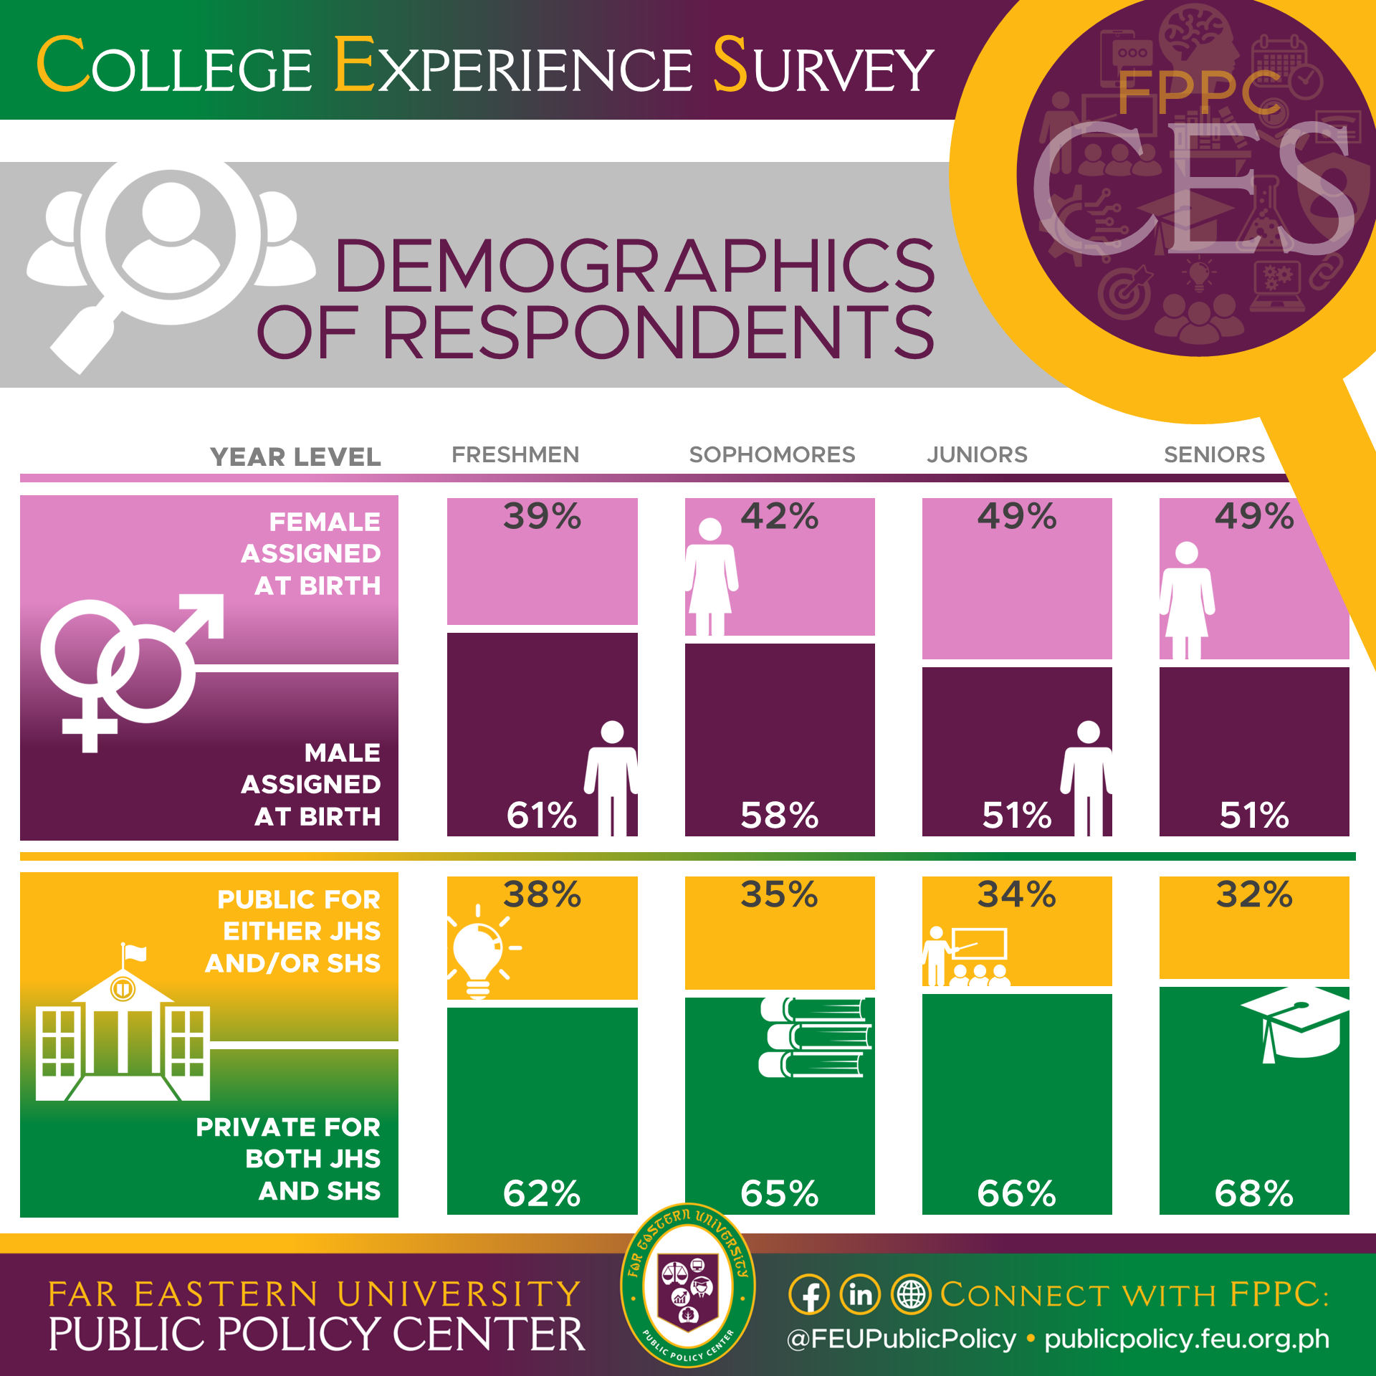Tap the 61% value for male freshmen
[x=541, y=815]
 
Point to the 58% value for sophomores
[x=779, y=815]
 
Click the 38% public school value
[x=542, y=894]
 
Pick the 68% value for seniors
[x=1253, y=1193]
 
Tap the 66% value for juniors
[x=1016, y=1193]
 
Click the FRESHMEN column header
[x=515, y=454]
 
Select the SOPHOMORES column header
[x=772, y=454]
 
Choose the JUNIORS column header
[x=977, y=454]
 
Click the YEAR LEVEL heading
[x=295, y=457]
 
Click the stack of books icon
[x=816, y=1038]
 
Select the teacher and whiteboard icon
[x=966, y=956]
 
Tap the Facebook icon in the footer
[x=809, y=1296]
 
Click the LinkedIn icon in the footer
[x=860, y=1296]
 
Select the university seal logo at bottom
[x=687, y=1286]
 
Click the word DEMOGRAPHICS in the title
[x=634, y=267]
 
